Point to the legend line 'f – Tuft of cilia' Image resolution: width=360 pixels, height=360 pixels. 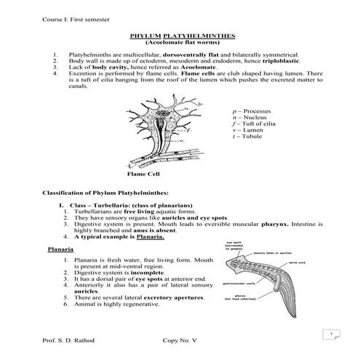(249, 126)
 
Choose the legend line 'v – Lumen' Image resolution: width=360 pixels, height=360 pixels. (243, 132)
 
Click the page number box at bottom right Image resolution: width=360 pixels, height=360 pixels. (331, 335)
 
